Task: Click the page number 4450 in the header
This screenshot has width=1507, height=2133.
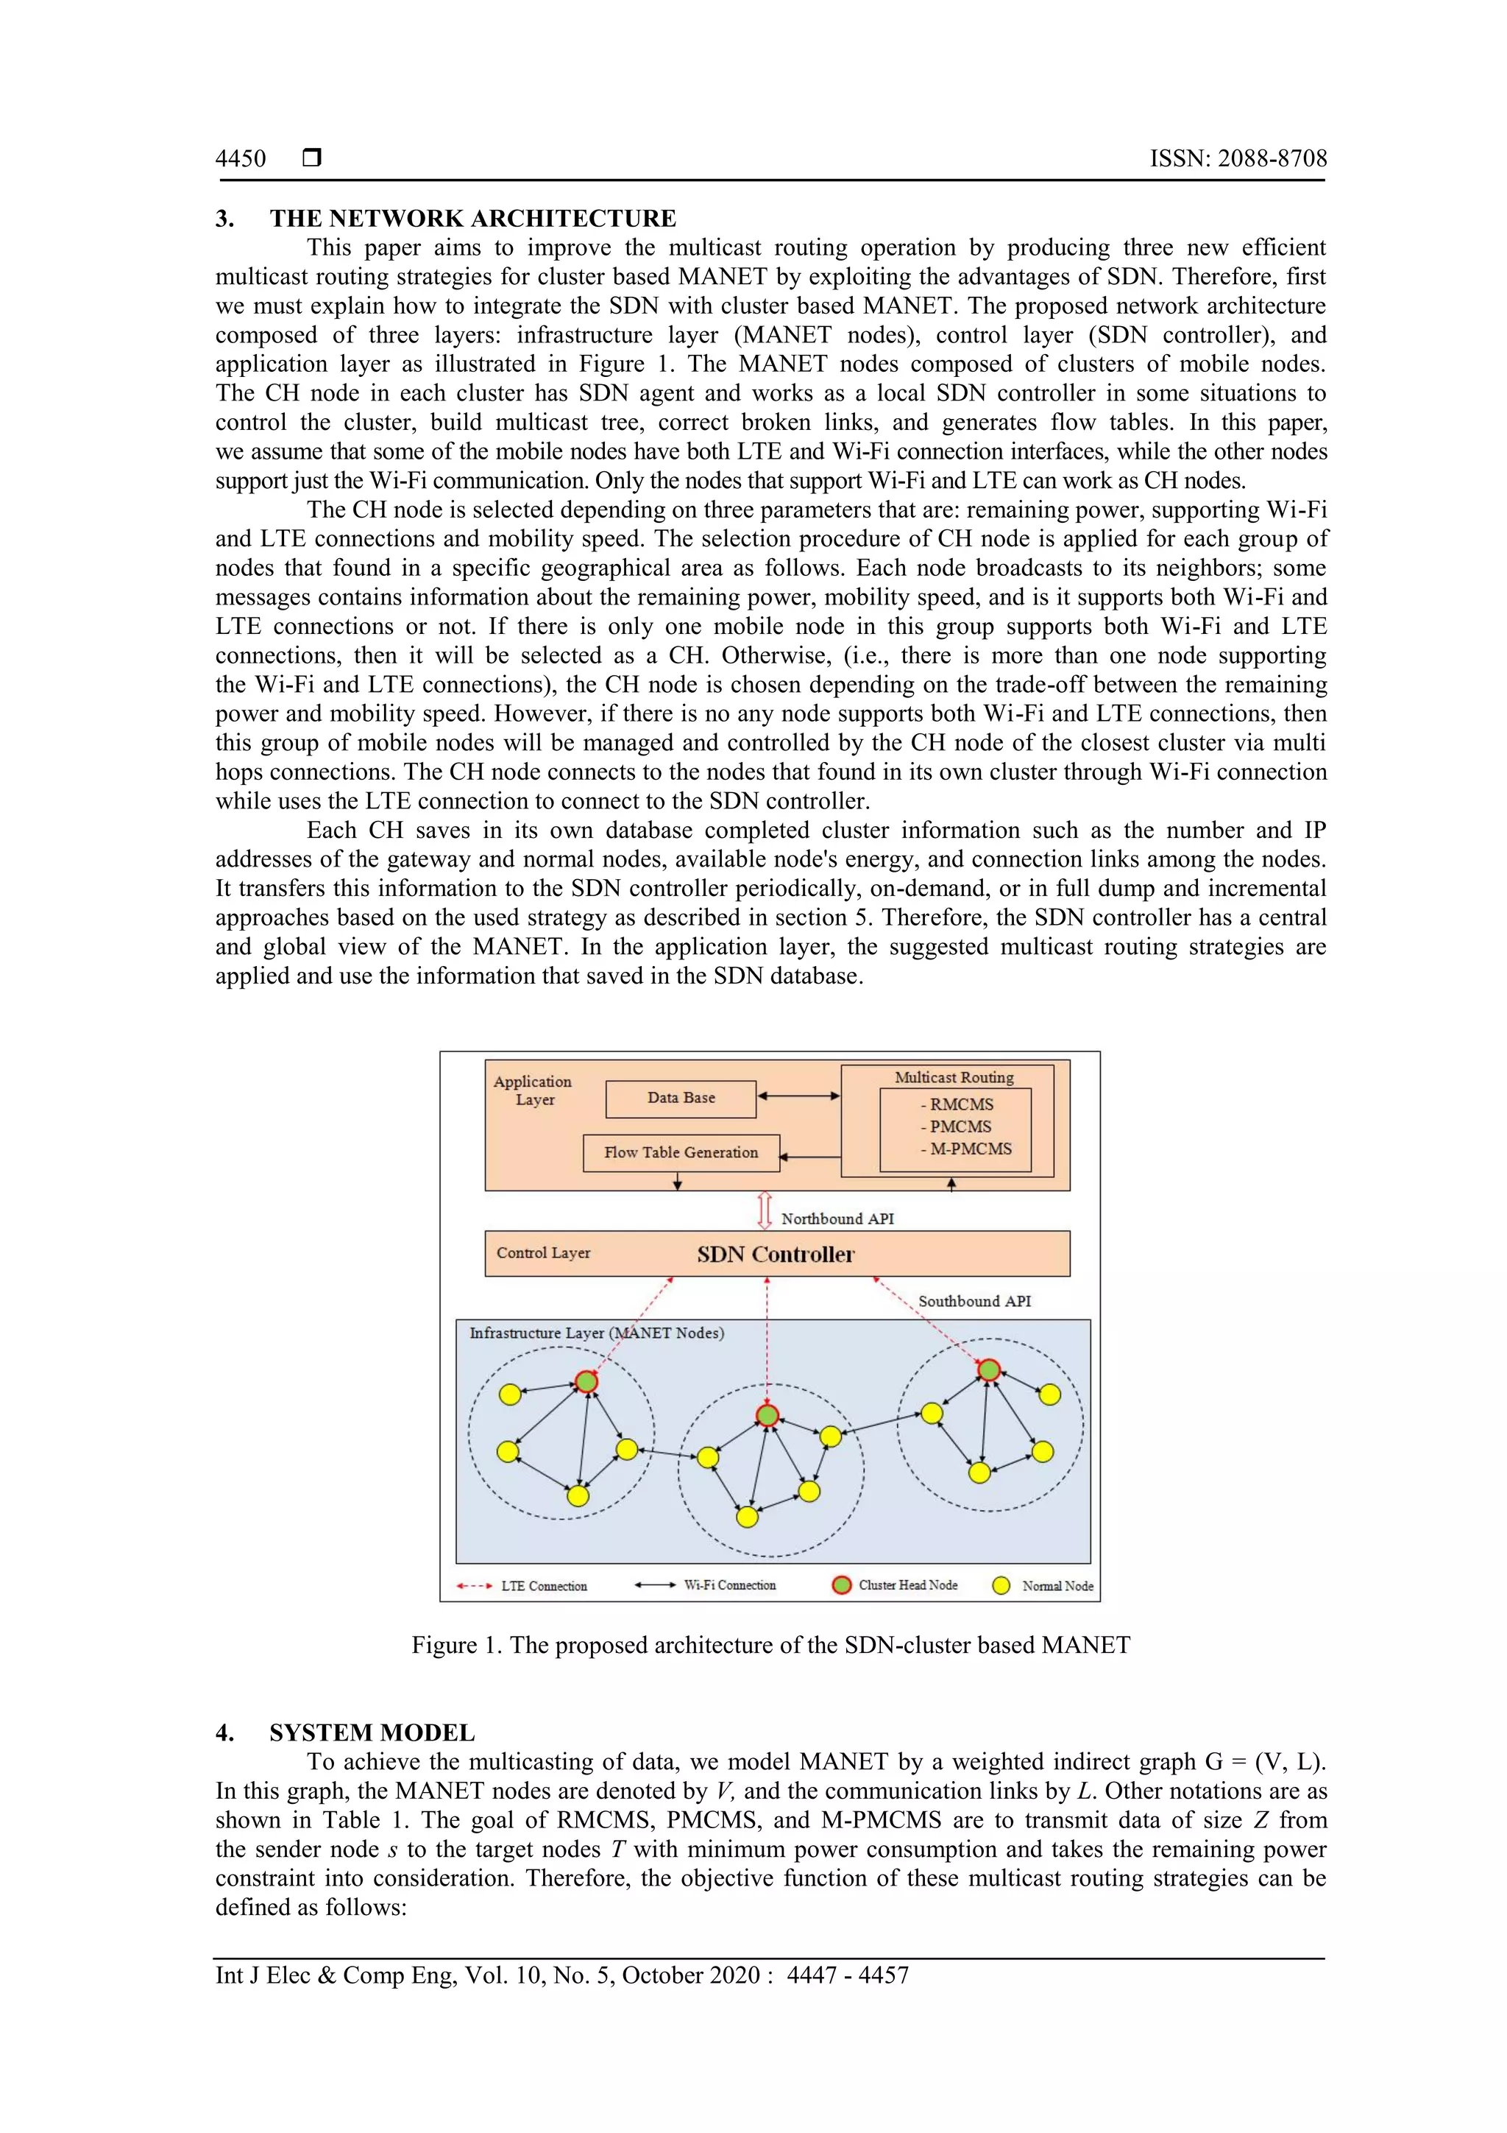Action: tap(241, 159)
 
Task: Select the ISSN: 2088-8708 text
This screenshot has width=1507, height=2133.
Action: tap(1238, 159)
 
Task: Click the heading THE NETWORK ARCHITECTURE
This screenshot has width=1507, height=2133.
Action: tap(472, 219)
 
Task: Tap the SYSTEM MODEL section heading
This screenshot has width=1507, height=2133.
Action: tap(372, 1732)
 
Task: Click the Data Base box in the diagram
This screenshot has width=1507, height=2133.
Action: tap(681, 1098)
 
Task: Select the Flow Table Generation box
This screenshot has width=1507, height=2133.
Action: tap(681, 1153)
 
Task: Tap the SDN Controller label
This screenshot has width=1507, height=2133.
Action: tap(776, 1254)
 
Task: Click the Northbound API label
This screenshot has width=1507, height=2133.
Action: tap(837, 1219)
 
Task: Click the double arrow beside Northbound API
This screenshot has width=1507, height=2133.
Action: tap(765, 1210)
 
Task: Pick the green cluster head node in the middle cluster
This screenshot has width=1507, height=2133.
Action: tap(767, 1416)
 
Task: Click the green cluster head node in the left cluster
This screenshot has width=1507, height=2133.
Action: tap(586, 1381)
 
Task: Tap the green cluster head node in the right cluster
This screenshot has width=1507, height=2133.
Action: tap(989, 1369)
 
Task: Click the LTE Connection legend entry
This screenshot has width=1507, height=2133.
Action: tap(543, 1586)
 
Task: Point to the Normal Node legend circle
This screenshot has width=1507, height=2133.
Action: tap(1001, 1586)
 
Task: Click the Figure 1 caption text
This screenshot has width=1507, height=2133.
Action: tap(770, 1646)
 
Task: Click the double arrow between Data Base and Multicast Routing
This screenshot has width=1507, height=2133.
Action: tap(798, 1096)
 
